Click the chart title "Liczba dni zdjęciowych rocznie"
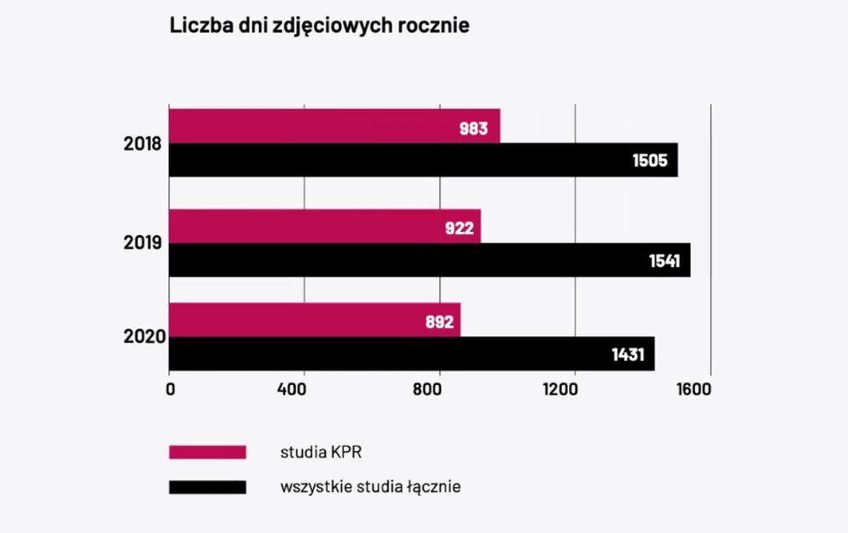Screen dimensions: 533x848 (x=319, y=26)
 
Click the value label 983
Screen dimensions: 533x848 (x=474, y=129)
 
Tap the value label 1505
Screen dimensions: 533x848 (x=650, y=161)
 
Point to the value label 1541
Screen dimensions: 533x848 (x=664, y=261)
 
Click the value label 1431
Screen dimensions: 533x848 (x=628, y=355)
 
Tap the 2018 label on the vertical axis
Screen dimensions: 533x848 (x=142, y=144)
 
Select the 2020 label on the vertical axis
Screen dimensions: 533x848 (x=142, y=338)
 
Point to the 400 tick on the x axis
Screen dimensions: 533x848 (x=305, y=389)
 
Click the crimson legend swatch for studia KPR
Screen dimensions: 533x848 (x=208, y=452)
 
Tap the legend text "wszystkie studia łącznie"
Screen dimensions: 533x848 (x=370, y=485)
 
